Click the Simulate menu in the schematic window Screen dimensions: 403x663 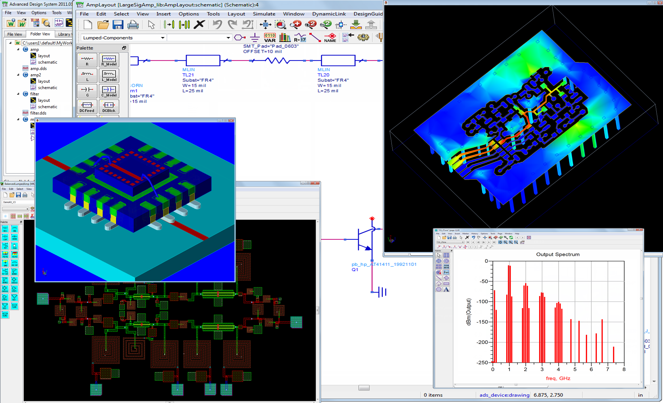pos(264,14)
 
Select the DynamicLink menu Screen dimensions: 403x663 pos(329,14)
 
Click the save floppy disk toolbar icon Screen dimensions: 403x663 pos(118,24)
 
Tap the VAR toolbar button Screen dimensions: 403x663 pos(270,37)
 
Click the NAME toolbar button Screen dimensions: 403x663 pos(330,37)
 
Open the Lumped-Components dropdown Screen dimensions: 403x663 pos(123,37)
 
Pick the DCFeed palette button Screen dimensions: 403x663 pos(87,106)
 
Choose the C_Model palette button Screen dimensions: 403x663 pos(109,91)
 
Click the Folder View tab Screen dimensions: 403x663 pos(40,34)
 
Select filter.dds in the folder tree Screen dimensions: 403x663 pos(38,113)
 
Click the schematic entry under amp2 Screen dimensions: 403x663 pos(47,88)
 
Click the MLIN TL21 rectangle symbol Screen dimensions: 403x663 pos(203,60)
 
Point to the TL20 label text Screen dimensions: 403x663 pos(323,75)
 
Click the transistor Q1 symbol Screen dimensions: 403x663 pos(365,240)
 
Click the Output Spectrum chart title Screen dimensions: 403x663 pos(558,254)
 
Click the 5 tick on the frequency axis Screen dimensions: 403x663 pos(575,369)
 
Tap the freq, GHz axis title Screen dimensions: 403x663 pos(558,378)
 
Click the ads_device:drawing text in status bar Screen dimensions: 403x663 pos(504,395)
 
